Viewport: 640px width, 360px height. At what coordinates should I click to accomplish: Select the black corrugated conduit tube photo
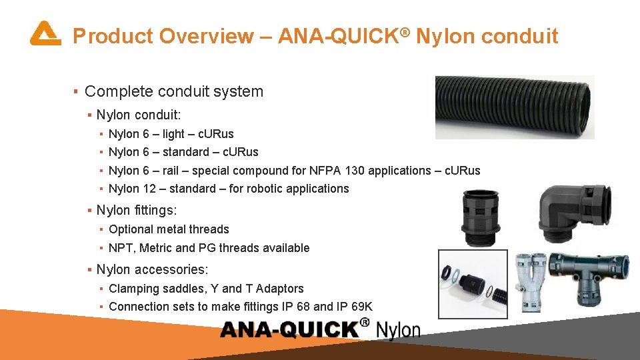[x=513, y=107]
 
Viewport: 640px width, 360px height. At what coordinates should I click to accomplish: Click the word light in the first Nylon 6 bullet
[x=173, y=134]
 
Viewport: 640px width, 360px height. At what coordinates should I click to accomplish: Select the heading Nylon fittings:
[x=137, y=211]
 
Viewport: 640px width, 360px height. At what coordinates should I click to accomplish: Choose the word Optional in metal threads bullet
[x=129, y=229]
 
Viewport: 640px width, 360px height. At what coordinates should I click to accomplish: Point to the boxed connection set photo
[x=472, y=283]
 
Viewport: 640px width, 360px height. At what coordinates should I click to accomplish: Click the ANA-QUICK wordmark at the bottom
[x=290, y=329]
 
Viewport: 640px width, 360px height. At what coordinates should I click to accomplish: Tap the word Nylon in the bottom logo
[x=398, y=330]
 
